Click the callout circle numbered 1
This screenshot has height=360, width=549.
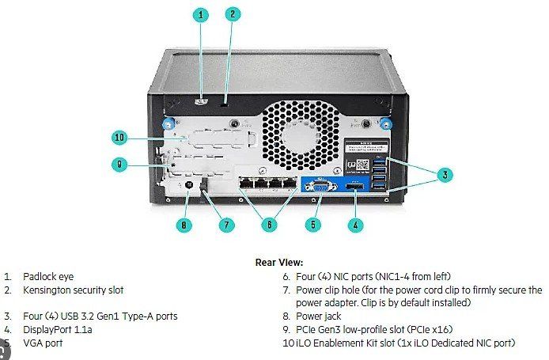(x=201, y=14)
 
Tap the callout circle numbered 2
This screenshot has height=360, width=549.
(x=232, y=13)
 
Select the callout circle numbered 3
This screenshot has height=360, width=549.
(x=445, y=173)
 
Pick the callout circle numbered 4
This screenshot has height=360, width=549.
(x=356, y=225)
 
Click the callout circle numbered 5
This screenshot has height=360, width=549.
(x=313, y=225)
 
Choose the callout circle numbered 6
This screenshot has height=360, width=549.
(x=269, y=225)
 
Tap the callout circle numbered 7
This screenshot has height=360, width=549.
(x=227, y=225)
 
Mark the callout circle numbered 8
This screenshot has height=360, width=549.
(x=184, y=225)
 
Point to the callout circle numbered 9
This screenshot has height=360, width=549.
(x=119, y=165)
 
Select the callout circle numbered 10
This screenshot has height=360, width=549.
(x=119, y=138)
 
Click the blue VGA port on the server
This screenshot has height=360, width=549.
(x=318, y=188)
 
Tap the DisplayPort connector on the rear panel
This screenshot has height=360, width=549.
(x=354, y=188)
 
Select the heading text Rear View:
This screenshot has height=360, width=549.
(x=278, y=262)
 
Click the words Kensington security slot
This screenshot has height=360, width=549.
(x=73, y=290)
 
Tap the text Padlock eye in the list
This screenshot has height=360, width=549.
(x=47, y=277)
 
